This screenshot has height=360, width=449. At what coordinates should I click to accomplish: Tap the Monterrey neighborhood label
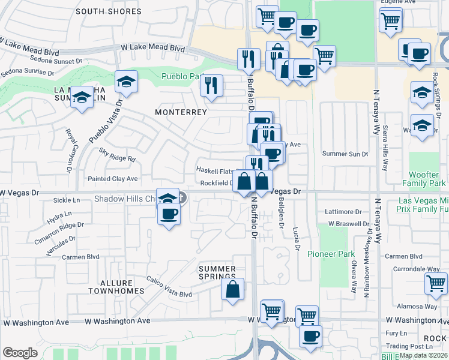click(181, 112)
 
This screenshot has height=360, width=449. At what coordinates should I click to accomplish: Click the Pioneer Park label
click(331, 254)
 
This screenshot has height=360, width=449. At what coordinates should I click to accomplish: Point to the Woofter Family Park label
click(427, 178)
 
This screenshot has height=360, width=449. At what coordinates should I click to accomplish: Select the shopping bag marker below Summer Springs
click(232, 289)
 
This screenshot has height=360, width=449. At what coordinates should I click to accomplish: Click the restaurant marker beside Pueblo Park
click(211, 85)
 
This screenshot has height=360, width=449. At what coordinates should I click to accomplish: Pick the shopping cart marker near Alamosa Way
click(436, 283)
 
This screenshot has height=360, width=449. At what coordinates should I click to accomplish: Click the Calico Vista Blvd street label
click(169, 287)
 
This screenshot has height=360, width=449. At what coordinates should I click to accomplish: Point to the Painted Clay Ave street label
click(113, 179)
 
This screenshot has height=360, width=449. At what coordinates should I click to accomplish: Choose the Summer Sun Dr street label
click(345, 154)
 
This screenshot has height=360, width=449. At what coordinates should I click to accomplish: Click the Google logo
click(20, 353)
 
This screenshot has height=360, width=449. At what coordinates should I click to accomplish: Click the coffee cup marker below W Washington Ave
click(310, 336)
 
